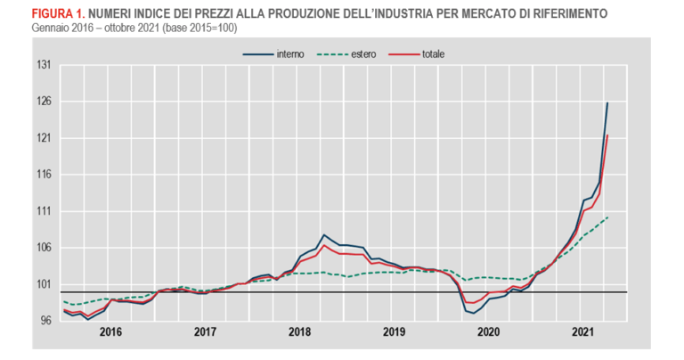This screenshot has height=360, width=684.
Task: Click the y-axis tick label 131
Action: tap(42, 65)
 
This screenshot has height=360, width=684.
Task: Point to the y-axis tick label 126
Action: tap(42, 102)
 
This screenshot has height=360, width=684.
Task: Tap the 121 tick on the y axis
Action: tap(42, 138)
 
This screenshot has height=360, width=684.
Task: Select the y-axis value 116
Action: tap(42, 175)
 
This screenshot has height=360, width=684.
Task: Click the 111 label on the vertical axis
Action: tap(42, 211)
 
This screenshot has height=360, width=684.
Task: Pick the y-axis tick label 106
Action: tap(42, 248)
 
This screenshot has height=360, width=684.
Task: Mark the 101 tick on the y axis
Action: tap(42, 284)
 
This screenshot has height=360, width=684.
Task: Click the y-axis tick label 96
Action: tap(44, 321)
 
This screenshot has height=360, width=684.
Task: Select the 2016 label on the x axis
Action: tap(110, 331)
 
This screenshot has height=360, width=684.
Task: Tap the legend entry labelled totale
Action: tap(433, 53)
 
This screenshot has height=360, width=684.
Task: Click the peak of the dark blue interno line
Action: tap(607, 103)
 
